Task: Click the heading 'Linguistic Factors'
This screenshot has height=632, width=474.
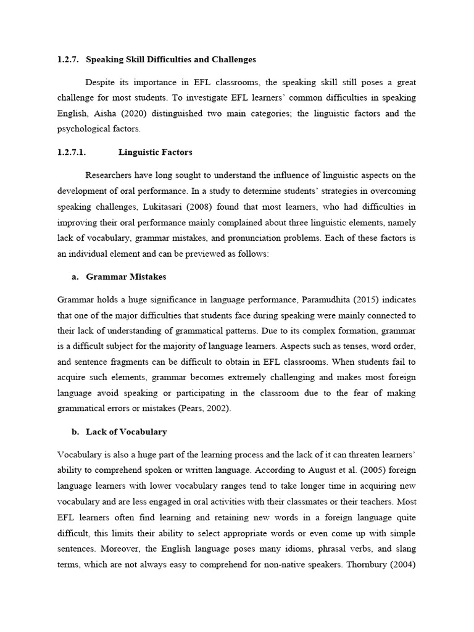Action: point(156,152)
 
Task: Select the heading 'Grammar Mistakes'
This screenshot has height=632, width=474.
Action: point(126,276)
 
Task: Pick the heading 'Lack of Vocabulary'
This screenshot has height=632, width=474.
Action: point(126,431)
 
